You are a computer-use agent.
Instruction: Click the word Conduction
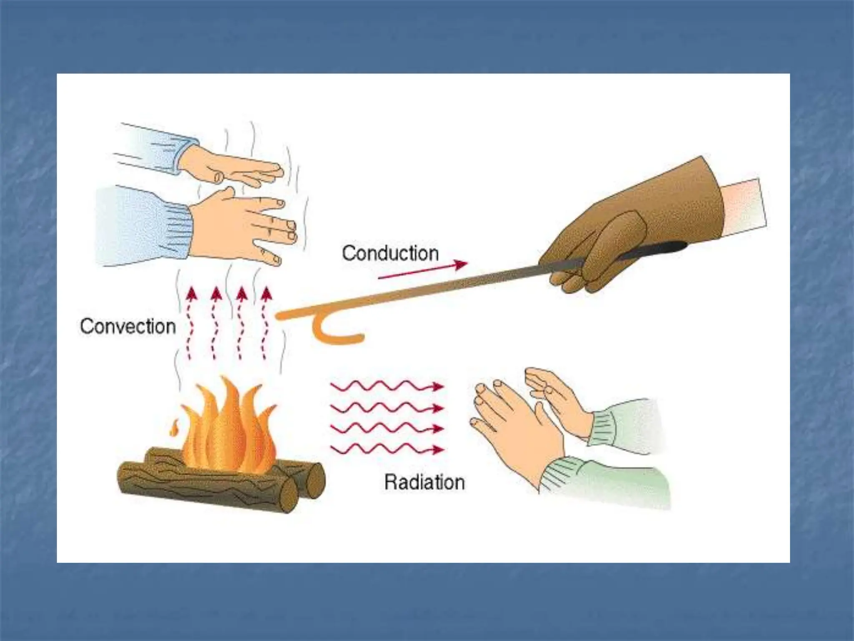pyautogui.click(x=390, y=253)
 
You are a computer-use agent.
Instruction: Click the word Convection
pyautogui.click(x=128, y=326)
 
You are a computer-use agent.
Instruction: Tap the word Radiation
pyautogui.click(x=424, y=482)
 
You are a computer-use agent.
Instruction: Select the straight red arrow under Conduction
pyautogui.click(x=423, y=270)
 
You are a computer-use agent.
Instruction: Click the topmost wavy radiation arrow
pyautogui.click(x=387, y=386)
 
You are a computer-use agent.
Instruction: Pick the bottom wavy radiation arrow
pyautogui.click(x=387, y=449)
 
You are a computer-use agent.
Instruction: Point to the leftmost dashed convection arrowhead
pyautogui.click(x=191, y=294)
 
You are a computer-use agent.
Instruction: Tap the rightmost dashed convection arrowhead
pyautogui.click(x=266, y=294)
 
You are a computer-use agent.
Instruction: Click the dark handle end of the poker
pyautogui.click(x=655, y=249)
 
